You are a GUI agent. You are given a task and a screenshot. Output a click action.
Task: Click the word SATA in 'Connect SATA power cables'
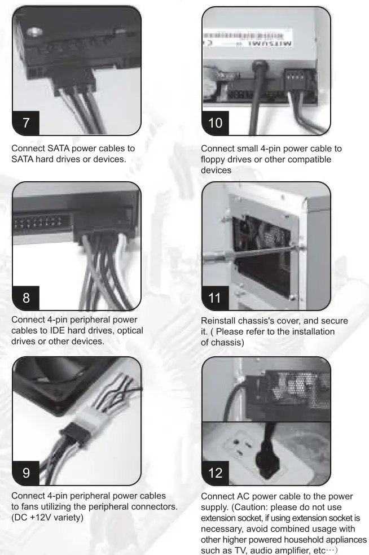(x=61, y=148)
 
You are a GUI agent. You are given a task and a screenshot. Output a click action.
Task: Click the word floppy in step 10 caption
(x=215, y=160)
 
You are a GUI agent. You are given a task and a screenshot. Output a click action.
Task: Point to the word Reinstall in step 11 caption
(x=222, y=321)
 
